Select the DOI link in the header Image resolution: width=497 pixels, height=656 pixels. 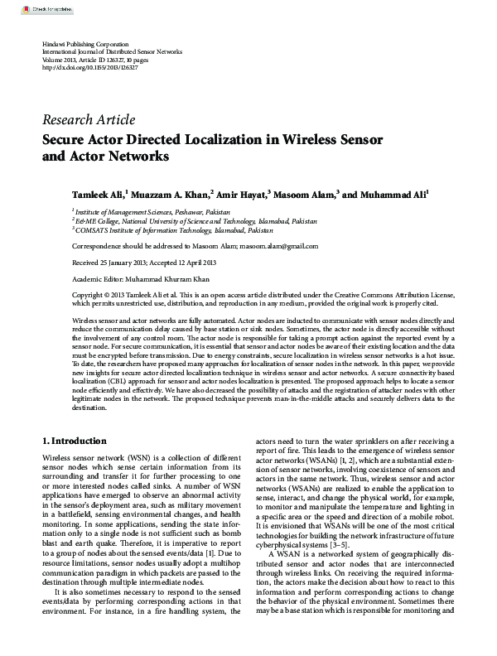point(89,67)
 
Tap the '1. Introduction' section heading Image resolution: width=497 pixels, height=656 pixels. point(74,441)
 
